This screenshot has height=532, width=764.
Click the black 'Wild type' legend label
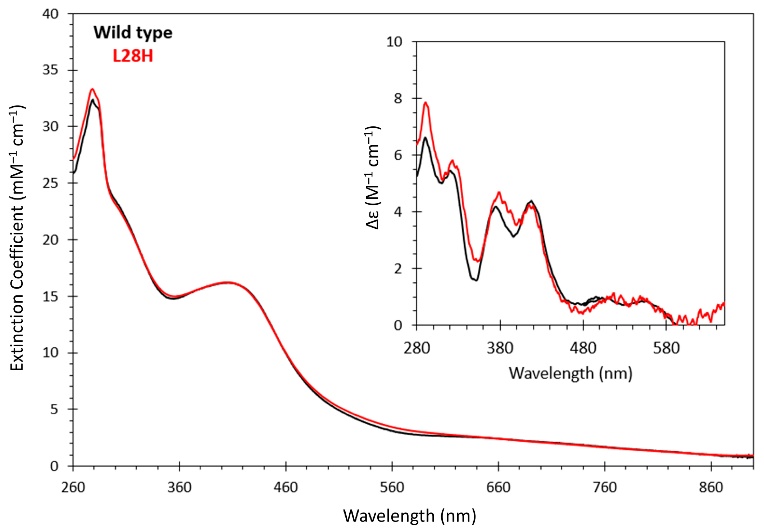coord(133,33)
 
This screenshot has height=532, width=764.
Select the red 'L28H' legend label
coord(133,56)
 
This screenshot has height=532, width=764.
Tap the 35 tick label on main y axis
coord(50,70)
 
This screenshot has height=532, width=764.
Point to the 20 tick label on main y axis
coord(50,240)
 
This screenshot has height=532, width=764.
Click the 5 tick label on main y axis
coord(54,410)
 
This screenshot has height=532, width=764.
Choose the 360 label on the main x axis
coord(179,488)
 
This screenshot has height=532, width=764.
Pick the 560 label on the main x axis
coord(392,488)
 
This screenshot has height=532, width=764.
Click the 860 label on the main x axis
coord(711,488)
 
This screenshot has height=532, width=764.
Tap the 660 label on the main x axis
coord(498,488)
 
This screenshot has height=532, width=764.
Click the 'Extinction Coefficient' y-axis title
coord(17,238)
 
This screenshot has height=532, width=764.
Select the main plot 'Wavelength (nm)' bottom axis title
coord(409,516)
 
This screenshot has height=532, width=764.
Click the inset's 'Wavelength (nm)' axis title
coord(570,373)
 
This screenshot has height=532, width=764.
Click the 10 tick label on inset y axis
coord(394,42)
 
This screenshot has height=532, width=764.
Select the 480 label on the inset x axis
coord(583,348)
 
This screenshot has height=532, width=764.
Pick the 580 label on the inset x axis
coord(666,348)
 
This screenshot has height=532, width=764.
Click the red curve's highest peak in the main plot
coord(92,89)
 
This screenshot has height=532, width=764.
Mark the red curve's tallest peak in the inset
coord(426,103)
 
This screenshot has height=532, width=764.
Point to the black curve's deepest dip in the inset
coord(476,280)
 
